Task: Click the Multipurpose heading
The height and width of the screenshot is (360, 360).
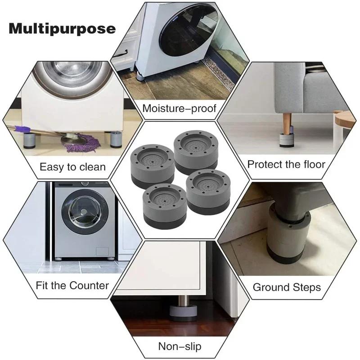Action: tap(62, 29)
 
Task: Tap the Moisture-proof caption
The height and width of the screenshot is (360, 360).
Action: tap(179, 108)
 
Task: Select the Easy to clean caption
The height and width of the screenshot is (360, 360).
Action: tap(72, 167)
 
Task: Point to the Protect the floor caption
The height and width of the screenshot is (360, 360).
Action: tap(286, 164)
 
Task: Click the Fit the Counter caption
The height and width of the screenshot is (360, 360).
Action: tap(72, 285)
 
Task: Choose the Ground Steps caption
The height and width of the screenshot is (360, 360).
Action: tap(287, 287)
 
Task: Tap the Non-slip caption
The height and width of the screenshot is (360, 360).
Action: tap(180, 346)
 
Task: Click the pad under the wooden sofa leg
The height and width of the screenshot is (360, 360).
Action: tap(287, 140)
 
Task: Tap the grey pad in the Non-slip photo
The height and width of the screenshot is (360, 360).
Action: tap(183, 313)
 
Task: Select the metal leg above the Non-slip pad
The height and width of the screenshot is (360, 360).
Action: tap(184, 300)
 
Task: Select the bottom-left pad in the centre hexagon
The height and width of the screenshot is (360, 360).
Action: tap(164, 206)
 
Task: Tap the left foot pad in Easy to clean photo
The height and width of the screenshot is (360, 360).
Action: tap(29, 140)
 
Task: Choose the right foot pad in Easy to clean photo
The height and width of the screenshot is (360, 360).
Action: tap(116, 139)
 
